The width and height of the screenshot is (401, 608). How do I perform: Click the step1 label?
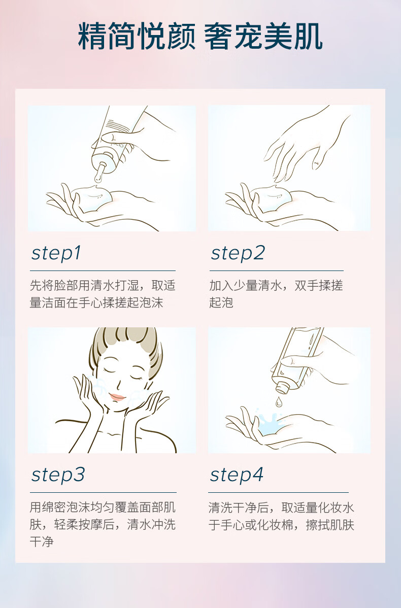pyautogui.click(x=56, y=253)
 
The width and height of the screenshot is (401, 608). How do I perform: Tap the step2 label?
pyautogui.click(x=238, y=253)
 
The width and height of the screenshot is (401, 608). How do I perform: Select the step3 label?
pyautogui.click(x=58, y=475)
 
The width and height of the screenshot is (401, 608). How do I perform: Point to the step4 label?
pyautogui.click(x=237, y=475)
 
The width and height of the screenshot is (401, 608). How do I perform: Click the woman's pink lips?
pyautogui.click(x=117, y=397)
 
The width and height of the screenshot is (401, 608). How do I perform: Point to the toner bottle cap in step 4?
pyautogui.click(x=283, y=387)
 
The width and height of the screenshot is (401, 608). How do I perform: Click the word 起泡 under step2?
pyautogui.click(x=221, y=302)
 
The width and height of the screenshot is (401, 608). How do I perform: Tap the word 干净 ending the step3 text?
pyautogui.click(x=42, y=542)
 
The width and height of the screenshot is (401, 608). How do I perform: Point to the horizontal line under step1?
pyautogui.click(x=103, y=271)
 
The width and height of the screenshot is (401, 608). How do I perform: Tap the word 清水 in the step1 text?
pyautogui.click(x=103, y=285)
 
